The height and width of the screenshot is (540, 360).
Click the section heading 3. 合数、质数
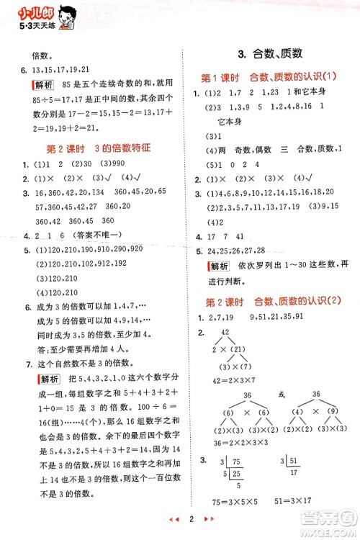[269, 53]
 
